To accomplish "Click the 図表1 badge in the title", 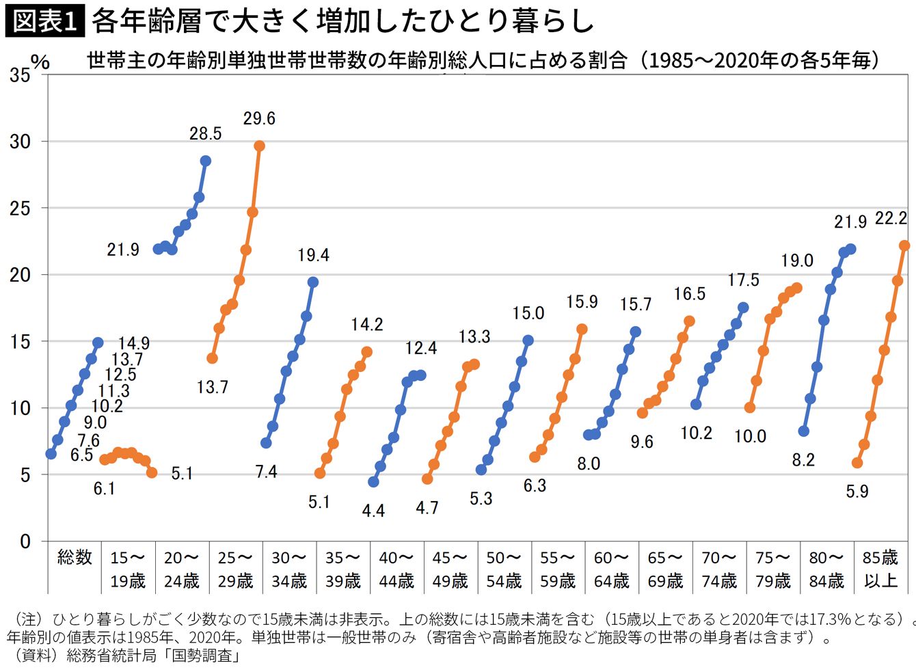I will [45, 21].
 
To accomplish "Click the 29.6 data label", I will [259, 119].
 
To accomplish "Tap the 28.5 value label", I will [205, 134].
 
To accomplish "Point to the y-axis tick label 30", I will [21, 142].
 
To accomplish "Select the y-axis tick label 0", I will [25, 541].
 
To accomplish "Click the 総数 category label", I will [75, 558].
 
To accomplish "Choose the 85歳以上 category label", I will [880, 569].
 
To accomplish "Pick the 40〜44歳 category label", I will [396, 569].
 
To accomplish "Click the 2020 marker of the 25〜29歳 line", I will [259, 146].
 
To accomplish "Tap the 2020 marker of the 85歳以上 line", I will [904, 245].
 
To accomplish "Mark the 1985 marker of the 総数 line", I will [51, 454].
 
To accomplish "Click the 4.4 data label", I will [373, 511].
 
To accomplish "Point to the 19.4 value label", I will [313, 256].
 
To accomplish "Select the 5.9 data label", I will [857, 492].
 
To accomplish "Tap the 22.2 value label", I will [891, 219].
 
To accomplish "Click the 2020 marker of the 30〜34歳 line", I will [313, 282].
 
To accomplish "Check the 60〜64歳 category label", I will [611, 569].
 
